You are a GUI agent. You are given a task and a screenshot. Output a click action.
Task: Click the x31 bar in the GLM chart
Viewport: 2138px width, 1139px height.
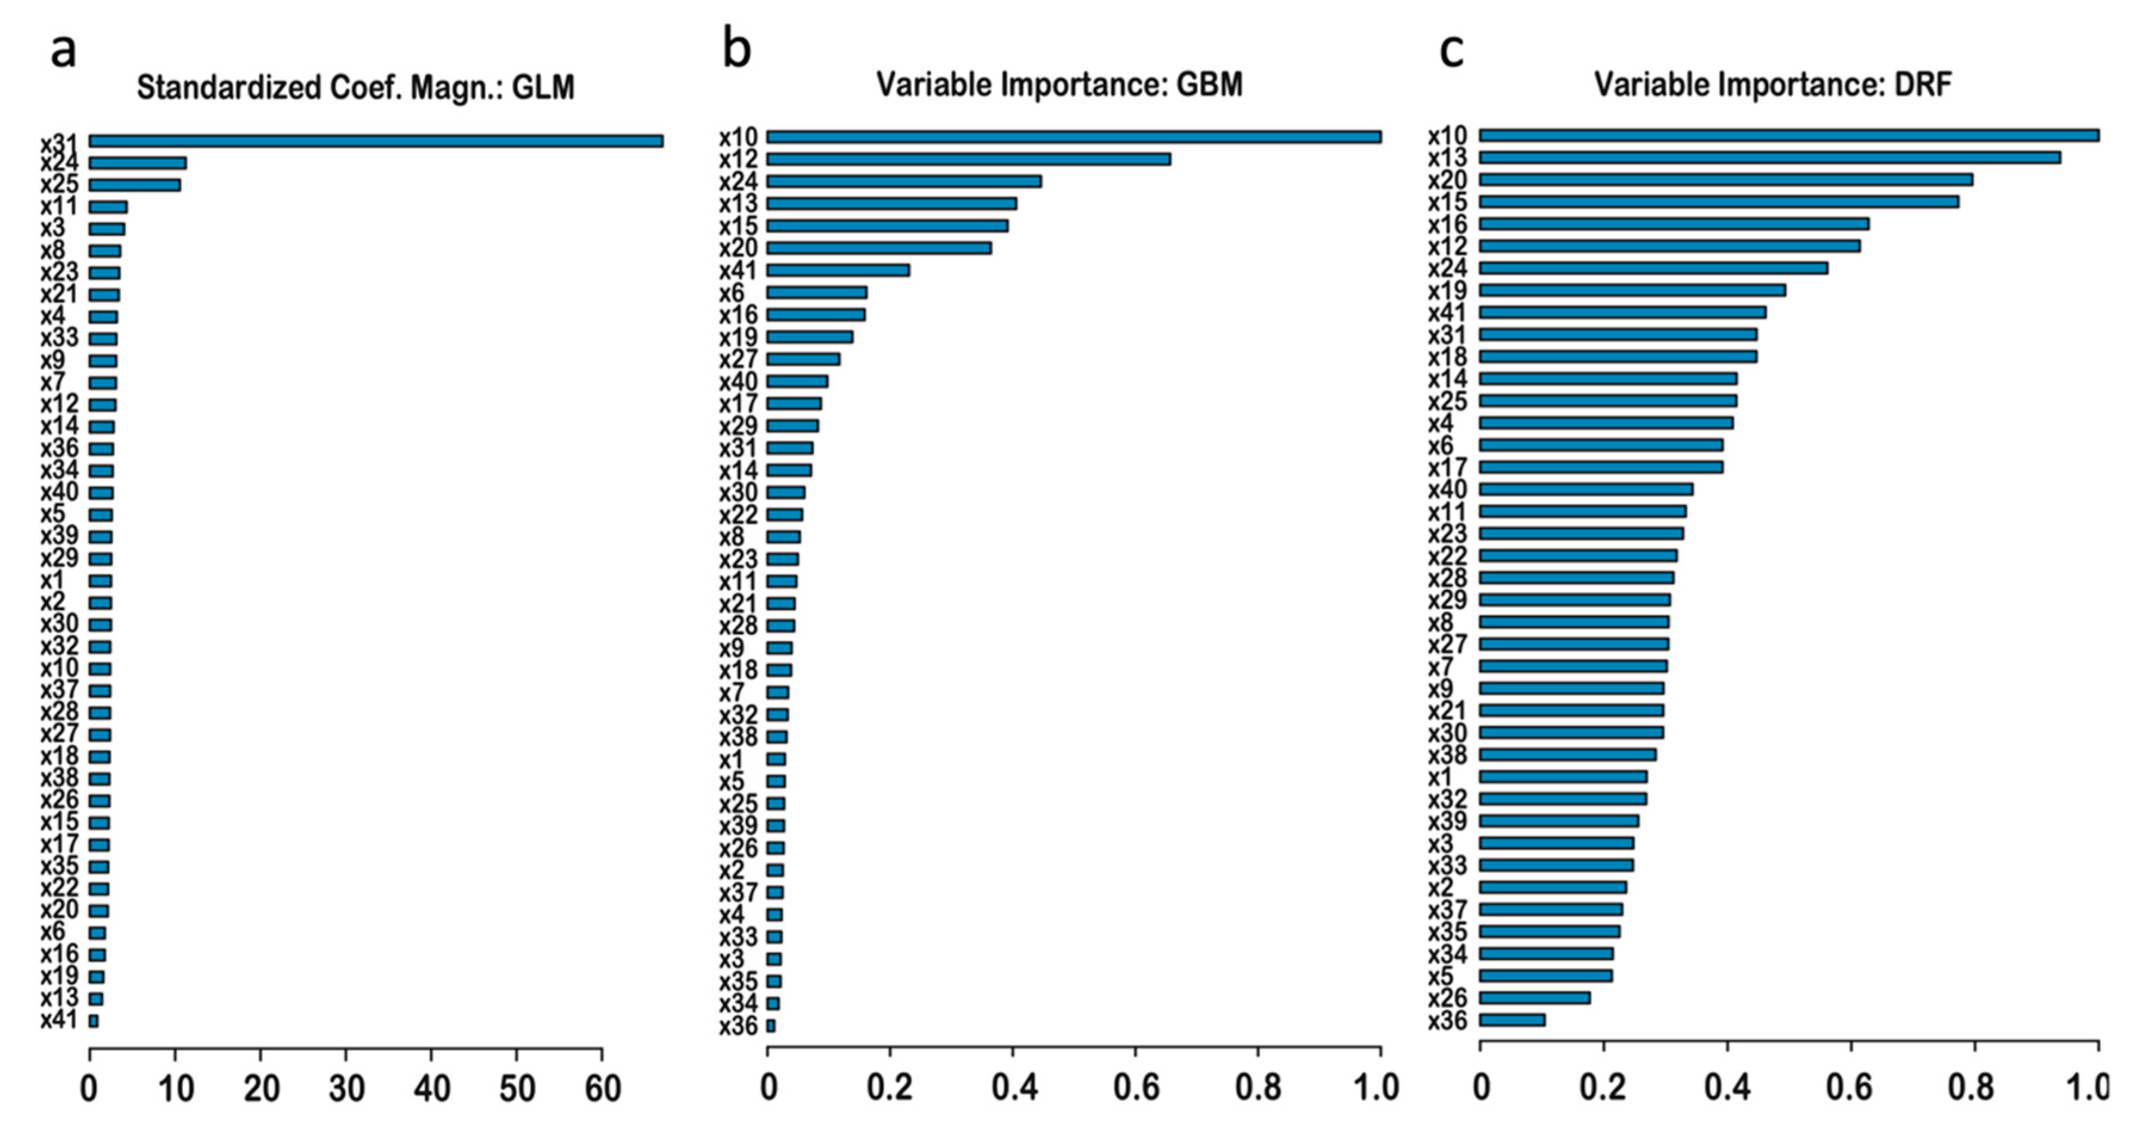click(x=375, y=141)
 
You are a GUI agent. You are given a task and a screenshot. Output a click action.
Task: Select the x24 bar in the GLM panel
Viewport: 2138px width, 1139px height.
click(x=138, y=163)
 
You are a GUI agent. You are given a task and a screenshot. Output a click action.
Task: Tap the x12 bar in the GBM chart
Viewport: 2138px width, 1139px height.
click(x=969, y=159)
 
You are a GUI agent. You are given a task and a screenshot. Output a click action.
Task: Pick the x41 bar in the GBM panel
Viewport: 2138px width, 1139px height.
click(x=838, y=270)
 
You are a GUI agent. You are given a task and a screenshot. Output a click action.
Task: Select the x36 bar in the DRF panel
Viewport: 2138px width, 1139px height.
click(x=1512, y=1020)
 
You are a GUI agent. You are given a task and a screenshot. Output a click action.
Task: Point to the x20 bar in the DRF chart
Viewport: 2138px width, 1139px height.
click(x=1727, y=179)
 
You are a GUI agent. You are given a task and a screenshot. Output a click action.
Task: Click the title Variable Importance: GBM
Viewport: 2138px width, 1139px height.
click(x=1060, y=85)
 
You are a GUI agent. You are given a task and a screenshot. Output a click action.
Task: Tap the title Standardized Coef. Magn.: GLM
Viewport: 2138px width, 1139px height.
click(x=355, y=87)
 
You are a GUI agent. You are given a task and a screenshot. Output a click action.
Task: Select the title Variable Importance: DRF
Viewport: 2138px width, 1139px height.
click(x=1774, y=85)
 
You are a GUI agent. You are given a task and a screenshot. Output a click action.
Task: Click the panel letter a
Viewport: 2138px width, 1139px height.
click(x=64, y=50)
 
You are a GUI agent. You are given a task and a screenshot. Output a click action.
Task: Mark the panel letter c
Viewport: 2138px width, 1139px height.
click(x=1451, y=50)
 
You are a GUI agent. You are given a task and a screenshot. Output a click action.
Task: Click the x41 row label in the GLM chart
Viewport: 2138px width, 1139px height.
click(x=60, y=1020)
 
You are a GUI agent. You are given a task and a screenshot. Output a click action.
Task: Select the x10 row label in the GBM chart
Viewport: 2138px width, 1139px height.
click(x=739, y=136)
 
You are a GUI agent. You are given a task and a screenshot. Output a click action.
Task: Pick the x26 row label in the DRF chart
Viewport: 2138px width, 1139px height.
click(x=1448, y=998)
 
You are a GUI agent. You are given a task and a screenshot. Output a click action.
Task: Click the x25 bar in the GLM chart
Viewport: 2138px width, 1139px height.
click(x=135, y=185)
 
